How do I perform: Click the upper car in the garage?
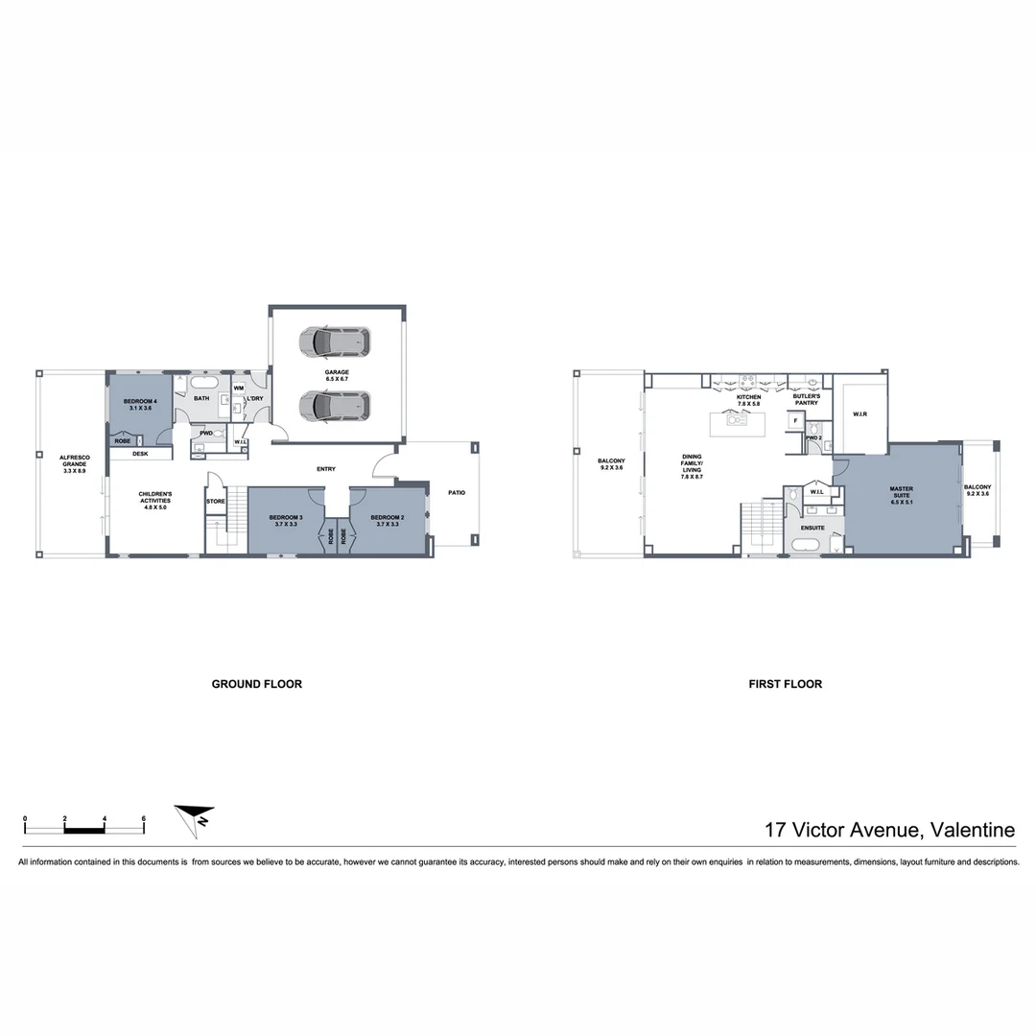[x=334, y=341]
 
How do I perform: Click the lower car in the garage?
[x=334, y=406]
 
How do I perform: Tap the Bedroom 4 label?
[x=140, y=404]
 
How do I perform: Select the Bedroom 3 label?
[x=285, y=519]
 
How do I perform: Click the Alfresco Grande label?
[x=74, y=463]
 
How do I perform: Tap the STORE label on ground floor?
[x=216, y=501]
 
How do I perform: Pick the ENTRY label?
[x=326, y=469]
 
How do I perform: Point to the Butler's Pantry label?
[x=807, y=399]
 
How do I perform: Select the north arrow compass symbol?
[x=195, y=820]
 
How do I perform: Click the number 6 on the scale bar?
[x=143, y=818]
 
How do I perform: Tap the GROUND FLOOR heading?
[x=256, y=684]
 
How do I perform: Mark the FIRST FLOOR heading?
[x=786, y=684]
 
